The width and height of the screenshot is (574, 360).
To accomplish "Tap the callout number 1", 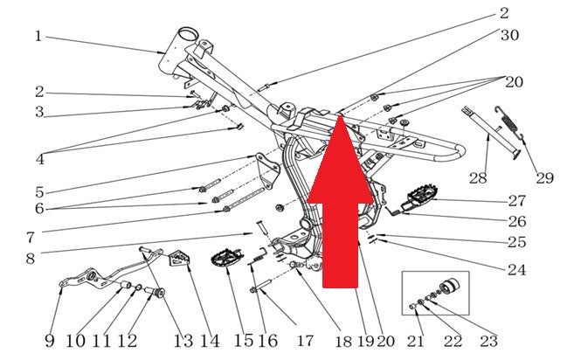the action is pyautogui.click(x=38, y=36).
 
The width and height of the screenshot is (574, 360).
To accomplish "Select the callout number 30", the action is pyautogui.click(x=510, y=35).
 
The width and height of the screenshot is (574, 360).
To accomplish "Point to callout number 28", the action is pyautogui.click(x=478, y=178).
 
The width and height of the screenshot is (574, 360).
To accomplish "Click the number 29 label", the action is pyautogui.click(x=544, y=178).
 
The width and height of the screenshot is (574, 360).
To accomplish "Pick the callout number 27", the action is pyautogui.click(x=517, y=201).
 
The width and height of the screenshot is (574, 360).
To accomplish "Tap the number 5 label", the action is pyautogui.click(x=39, y=192).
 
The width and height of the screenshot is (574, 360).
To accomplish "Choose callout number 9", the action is pyautogui.click(x=50, y=341).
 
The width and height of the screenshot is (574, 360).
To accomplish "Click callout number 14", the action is pyautogui.click(x=211, y=341).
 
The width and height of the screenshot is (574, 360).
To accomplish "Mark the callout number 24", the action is pyautogui.click(x=517, y=270).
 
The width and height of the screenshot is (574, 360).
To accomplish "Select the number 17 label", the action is pyautogui.click(x=305, y=341).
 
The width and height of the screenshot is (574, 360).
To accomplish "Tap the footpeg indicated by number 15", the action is pyautogui.click(x=226, y=258).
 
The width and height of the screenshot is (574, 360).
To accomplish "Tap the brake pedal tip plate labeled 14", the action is pyautogui.click(x=179, y=258).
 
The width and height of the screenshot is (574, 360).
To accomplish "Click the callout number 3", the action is pyautogui.click(x=39, y=112).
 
